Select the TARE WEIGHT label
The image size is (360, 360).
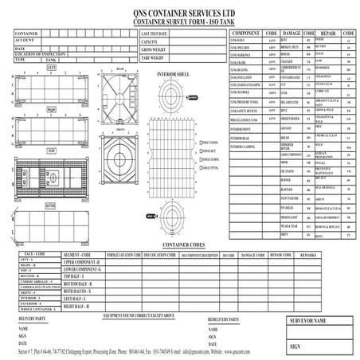(x=155, y=58)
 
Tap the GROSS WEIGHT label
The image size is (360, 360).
(x=156, y=50)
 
